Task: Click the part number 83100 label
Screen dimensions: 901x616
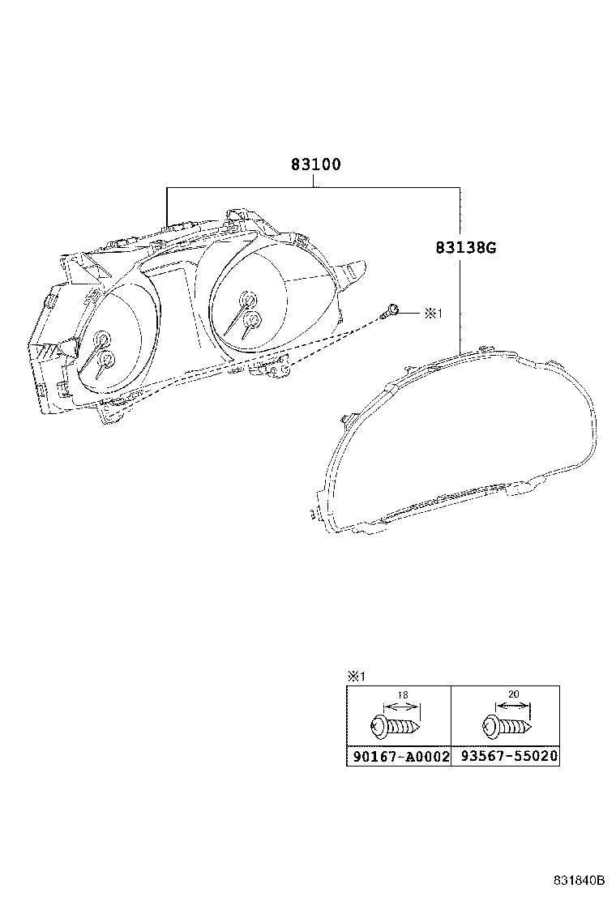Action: pyautogui.click(x=315, y=164)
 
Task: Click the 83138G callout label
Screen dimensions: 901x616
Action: pyautogui.click(x=464, y=248)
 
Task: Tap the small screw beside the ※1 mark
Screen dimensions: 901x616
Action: pyautogui.click(x=392, y=310)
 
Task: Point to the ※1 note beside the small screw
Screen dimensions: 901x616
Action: pyautogui.click(x=433, y=312)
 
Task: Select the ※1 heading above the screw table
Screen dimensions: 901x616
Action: pyautogui.click(x=357, y=676)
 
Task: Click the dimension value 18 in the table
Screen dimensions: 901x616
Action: pyautogui.click(x=403, y=695)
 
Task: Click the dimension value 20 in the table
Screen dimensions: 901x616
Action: pyautogui.click(x=513, y=695)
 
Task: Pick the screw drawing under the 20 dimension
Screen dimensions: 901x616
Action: pyautogui.click(x=506, y=724)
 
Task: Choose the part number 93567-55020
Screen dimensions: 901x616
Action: pyautogui.click(x=505, y=757)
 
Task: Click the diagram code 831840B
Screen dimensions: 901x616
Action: pyautogui.click(x=580, y=880)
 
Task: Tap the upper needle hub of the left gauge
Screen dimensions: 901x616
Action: pyautogui.click(x=103, y=338)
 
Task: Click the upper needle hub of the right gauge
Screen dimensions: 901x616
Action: pyautogui.click(x=246, y=301)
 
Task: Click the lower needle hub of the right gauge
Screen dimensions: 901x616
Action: pyautogui.click(x=252, y=319)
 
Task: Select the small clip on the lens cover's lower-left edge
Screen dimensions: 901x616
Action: pyautogui.click(x=313, y=513)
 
